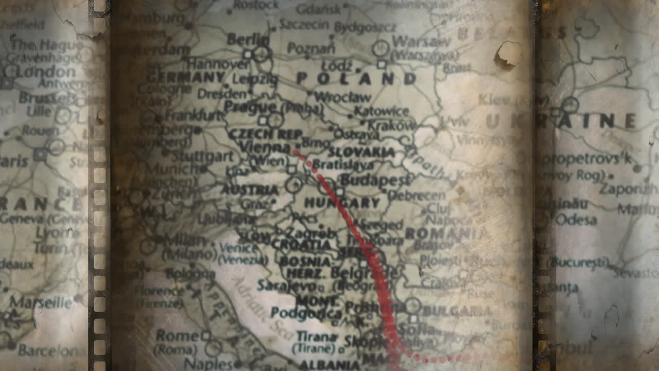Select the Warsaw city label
click(414, 41)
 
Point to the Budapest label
click(375, 180)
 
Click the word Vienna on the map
click(265, 147)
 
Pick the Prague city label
click(250, 107)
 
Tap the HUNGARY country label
click(342, 203)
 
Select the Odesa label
click(576, 220)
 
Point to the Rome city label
click(177, 336)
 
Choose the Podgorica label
click(306, 313)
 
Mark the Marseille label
click(41, 301)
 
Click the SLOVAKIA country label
click(361, 153)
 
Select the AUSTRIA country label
click(250, 190)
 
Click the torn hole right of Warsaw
click(509, 54)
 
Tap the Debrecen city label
click(417, 195)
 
